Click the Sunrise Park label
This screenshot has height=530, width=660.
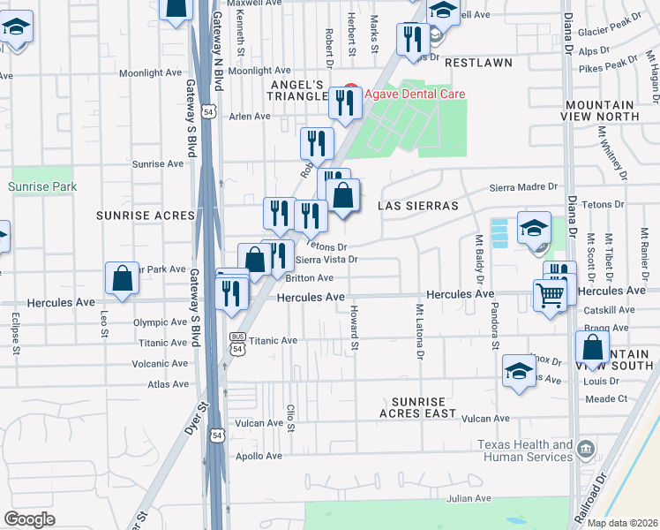pyautogui.click(x=42, y=186)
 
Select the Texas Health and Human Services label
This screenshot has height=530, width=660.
pyautogui.click(x=525, y=450)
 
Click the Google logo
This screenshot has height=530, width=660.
pyautogui.click(x=29, y=519)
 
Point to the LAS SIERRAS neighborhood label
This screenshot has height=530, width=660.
pyautogui.click(x=418, y=205)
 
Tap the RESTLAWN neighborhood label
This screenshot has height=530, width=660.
pyautogui.click(x=479, y=64)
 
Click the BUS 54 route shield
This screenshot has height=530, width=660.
pyautogui.click(x=236, y=343)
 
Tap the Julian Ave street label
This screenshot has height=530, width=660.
pyautogui.click(x=468, y=498)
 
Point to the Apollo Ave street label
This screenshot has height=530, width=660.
pyautogui.click(x=258, y=456)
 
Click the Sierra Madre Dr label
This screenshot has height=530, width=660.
pyautogui.click(x=524, y=186)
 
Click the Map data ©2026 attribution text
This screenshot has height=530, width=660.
pyautogui.click(x=621, y=523)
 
